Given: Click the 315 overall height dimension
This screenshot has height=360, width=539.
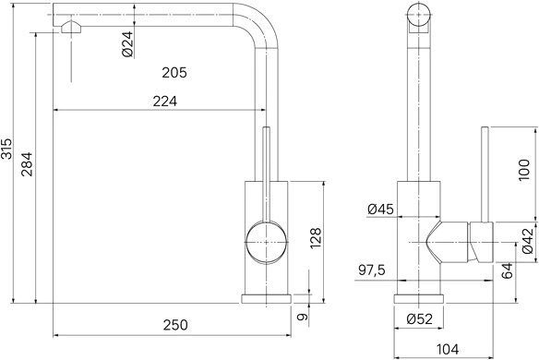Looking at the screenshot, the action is (6, 149).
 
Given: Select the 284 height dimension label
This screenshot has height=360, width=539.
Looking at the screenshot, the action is (27, 164).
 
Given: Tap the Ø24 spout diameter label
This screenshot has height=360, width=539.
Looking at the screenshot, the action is (127, 44).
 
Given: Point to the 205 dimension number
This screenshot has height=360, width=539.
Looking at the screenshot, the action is (174, 73).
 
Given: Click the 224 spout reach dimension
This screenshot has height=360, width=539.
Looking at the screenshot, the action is (165, 102).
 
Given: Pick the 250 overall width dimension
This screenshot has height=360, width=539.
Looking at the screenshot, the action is (175, 325).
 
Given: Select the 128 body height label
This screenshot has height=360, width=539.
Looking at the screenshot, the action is (316, 238).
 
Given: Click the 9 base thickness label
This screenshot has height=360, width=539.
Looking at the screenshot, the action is (303, 317).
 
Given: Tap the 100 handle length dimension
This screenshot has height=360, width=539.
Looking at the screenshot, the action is (524, 170).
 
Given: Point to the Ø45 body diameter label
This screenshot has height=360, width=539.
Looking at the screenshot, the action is (380, 209).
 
